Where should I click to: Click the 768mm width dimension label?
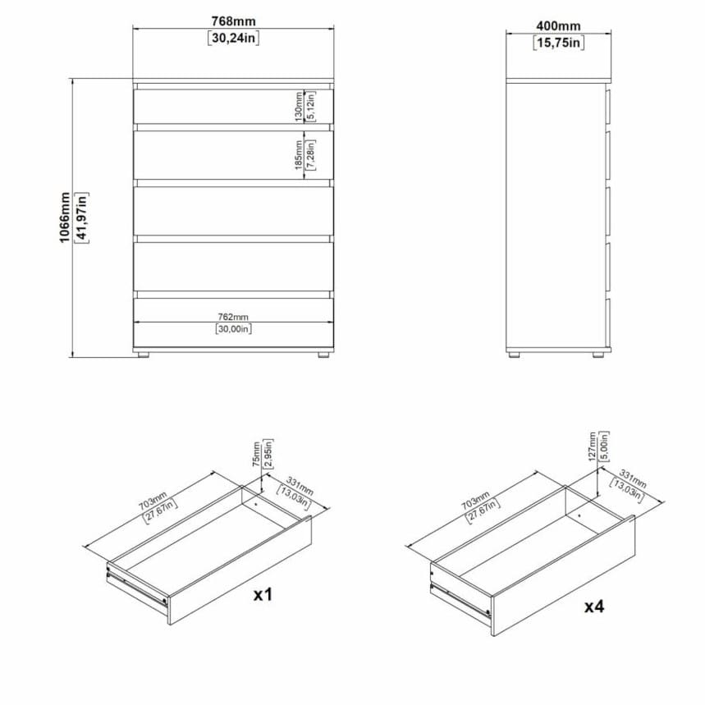[233, 21]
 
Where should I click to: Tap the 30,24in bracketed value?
[233, 38]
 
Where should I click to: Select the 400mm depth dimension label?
[558, 25]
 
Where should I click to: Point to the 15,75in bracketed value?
[559, 43]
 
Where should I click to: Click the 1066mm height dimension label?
[65, 217]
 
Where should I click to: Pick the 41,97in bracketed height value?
[82, 217]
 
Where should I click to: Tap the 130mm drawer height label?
[298, 107]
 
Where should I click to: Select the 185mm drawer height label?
[298, 154]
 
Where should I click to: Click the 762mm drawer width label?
[233, 317]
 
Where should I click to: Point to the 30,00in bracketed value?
[233, 328]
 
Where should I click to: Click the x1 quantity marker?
[263, 595]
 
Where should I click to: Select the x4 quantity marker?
[594, 607]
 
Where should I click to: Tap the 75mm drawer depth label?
[256, 454]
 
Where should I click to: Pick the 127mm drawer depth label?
[592, 446]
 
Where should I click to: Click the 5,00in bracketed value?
[604, 446]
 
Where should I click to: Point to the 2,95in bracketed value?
[268, 454]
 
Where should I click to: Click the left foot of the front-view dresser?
[144, 355]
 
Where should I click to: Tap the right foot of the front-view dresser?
[323, 355]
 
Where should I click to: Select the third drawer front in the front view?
[233, 211]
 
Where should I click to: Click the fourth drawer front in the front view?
[233, 267]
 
